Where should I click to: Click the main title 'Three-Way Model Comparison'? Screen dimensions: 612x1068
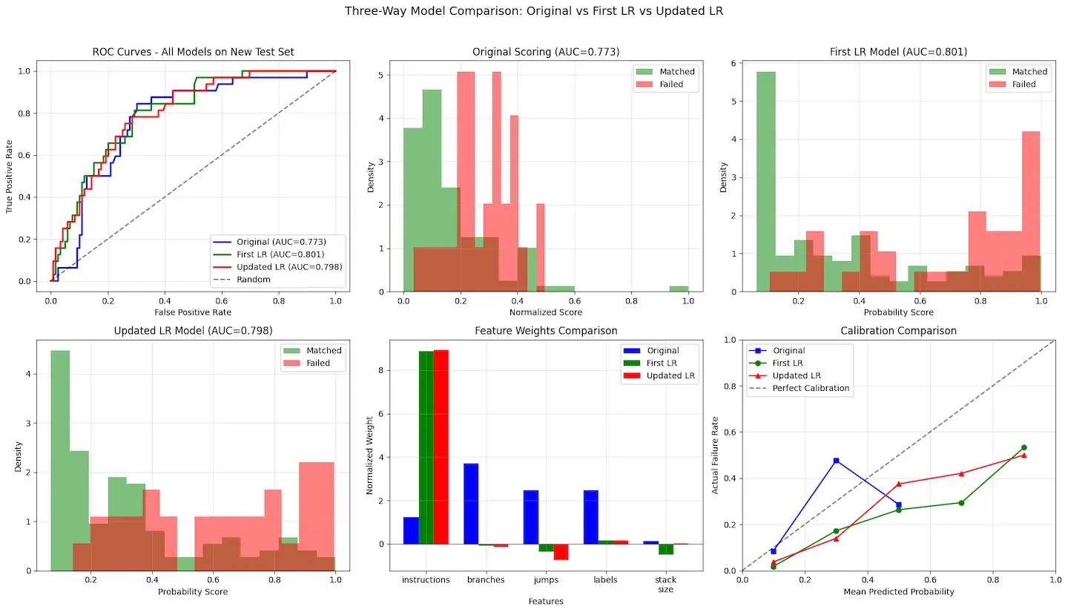click(x=534, y=11)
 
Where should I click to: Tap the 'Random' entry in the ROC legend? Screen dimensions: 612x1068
click(x=254, y=280)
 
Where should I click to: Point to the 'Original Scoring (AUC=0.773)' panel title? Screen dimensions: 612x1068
click(x=546, y=52)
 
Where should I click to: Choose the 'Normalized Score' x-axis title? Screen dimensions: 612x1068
click(x=546, y=312)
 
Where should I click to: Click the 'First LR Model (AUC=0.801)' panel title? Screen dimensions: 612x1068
click(x=898, y=52)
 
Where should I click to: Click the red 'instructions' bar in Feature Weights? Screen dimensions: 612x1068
click(x=441, y=447)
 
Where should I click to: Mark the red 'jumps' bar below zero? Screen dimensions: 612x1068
click(x=561, y=552)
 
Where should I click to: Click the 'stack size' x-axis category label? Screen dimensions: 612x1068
click(x=665, y=585)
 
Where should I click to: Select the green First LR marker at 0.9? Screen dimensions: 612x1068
click(x=1023, y=447)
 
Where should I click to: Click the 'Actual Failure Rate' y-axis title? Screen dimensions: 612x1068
click(x=716, y=455)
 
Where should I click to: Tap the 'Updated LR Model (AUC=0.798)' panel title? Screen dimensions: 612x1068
click(x=193, y=331)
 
